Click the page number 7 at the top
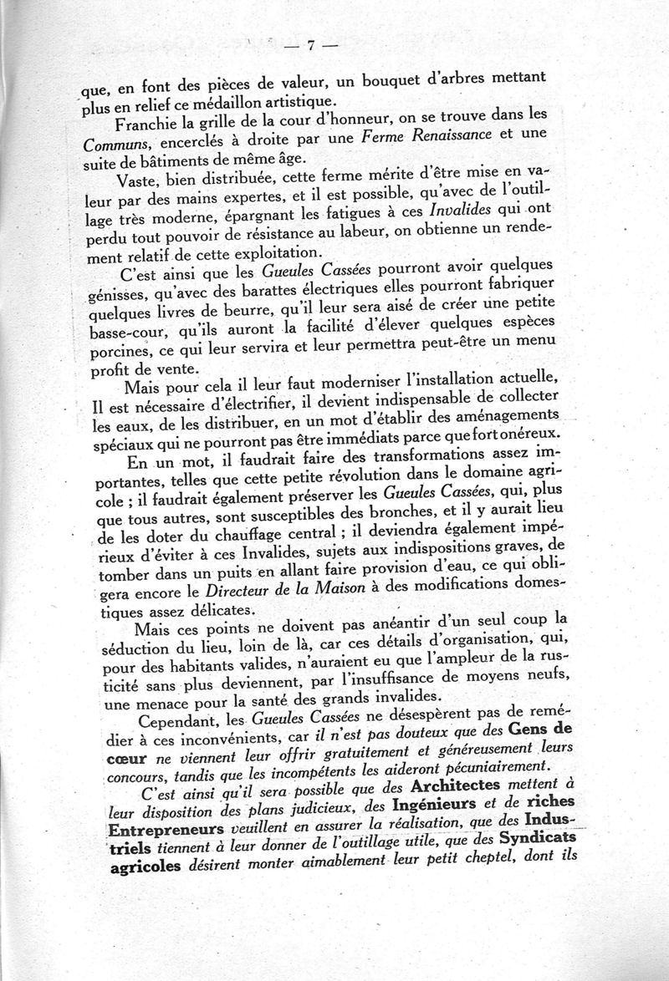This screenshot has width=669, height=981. [x=310, y=48]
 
